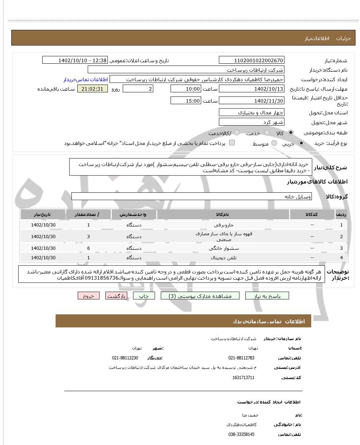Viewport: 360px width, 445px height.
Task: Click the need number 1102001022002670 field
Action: point(251,60)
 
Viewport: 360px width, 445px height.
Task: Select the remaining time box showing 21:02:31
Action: point(93,89)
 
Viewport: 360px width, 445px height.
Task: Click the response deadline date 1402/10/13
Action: point(251,89)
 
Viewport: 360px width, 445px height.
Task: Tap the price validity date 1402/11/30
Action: point(251,101)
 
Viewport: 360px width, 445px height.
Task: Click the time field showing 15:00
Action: point(185,101)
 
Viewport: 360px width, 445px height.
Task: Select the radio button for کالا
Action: point(291,133)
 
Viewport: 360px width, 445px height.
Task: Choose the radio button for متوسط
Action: point(274,143)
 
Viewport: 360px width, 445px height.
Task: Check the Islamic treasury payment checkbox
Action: point(232,143)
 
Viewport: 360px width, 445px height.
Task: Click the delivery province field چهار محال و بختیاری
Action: point(251,113)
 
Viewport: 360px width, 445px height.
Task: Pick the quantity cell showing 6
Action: point(89,248)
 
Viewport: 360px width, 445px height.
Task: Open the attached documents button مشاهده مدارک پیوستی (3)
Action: point(200,296)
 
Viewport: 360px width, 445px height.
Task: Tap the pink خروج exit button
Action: point(89,296)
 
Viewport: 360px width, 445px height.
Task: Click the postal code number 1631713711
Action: point(243,378)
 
